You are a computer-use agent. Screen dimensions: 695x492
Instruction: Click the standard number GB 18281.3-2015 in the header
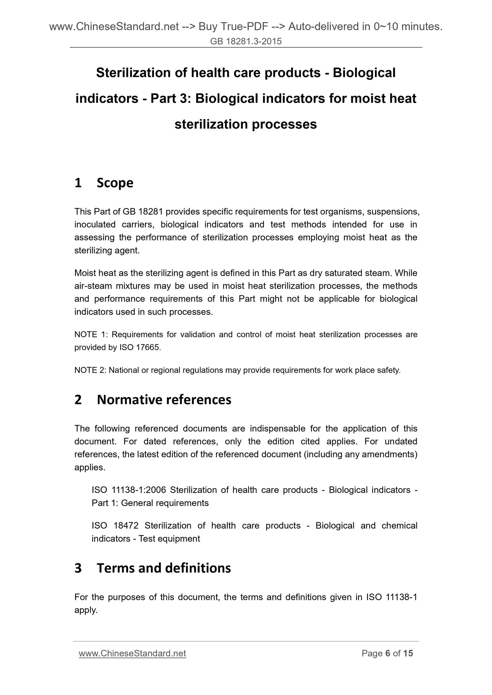coord(246,41)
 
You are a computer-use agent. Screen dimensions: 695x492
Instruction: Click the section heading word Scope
coord(115,183)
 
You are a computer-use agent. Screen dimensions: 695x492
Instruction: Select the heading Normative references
coord(164,400)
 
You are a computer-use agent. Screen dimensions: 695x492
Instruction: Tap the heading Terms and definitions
coord(164,568)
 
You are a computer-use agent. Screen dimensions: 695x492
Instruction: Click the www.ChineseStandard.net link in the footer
coord(132,653)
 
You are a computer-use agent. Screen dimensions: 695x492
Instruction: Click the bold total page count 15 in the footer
coord(408,653)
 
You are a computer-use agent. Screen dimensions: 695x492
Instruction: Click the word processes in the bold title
coord(284,124)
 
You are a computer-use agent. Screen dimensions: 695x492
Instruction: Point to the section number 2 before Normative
coord(78,400)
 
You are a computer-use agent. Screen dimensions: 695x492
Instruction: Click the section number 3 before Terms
coord(78,568)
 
